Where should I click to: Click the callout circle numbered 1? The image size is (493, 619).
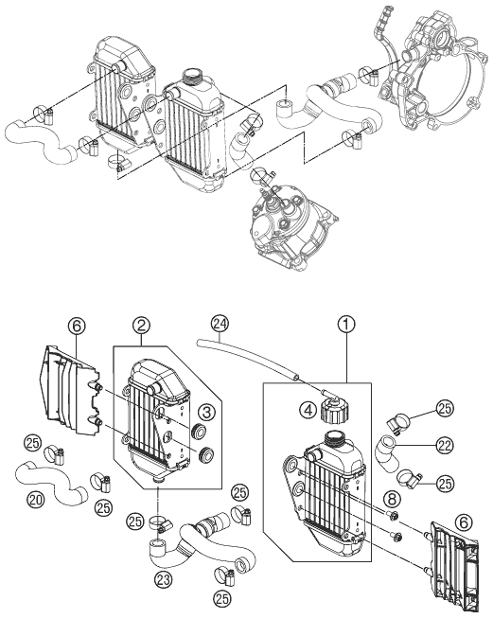(346, 325)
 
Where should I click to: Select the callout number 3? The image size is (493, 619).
(207, 412)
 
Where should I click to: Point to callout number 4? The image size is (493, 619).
(308, 410)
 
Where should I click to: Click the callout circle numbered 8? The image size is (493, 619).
(392, 499)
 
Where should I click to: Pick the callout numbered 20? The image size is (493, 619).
(36, 500)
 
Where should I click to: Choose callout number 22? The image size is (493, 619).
(445, 446)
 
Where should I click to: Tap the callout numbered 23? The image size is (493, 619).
(164, 579)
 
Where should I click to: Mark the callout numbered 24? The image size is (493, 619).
(220, 324)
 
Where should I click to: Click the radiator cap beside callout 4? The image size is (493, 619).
(331, 410)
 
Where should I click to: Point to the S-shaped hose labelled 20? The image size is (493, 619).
(51, 482)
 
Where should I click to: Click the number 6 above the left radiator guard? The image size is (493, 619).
(77, 327)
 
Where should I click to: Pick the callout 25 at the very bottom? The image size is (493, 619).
(221, 598)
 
